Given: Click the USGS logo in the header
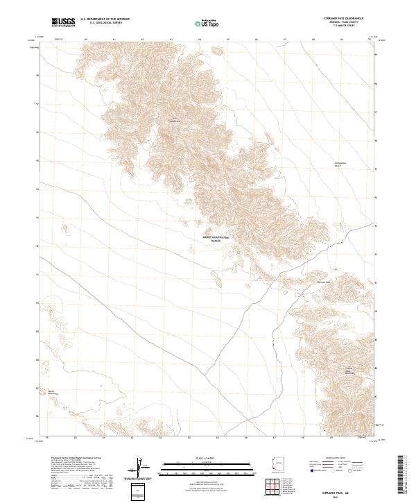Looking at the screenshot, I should (64, 22).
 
